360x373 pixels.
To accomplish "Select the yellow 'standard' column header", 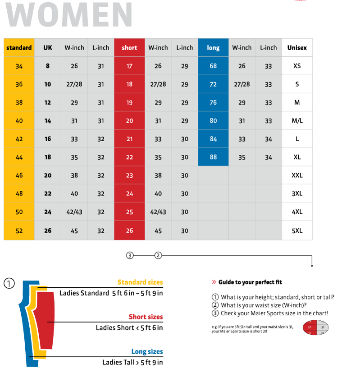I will pos(19,48).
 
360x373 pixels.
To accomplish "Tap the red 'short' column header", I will pos(129,48).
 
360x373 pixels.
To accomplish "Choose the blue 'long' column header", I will pos(213,48).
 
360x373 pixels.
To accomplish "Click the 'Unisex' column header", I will pos(297,48).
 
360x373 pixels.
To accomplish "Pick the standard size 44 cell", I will pos(19,157).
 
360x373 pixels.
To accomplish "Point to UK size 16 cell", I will pos(48,139).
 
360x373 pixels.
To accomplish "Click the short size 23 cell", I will pos(129,175).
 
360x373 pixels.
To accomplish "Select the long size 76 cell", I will pos(213,102).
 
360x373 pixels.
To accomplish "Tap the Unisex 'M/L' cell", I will pos(297,121).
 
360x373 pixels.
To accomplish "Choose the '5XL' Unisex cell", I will pos(297,230).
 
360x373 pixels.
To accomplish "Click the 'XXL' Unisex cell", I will pos(297,175).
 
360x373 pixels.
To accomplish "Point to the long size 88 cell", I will pos(213,157).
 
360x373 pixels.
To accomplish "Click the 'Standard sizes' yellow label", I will pos(140,282).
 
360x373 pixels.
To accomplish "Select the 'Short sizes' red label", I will pos(146,317).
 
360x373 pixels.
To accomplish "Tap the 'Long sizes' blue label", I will pos(147,351).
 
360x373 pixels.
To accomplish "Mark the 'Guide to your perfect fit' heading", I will pos(250,282).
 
